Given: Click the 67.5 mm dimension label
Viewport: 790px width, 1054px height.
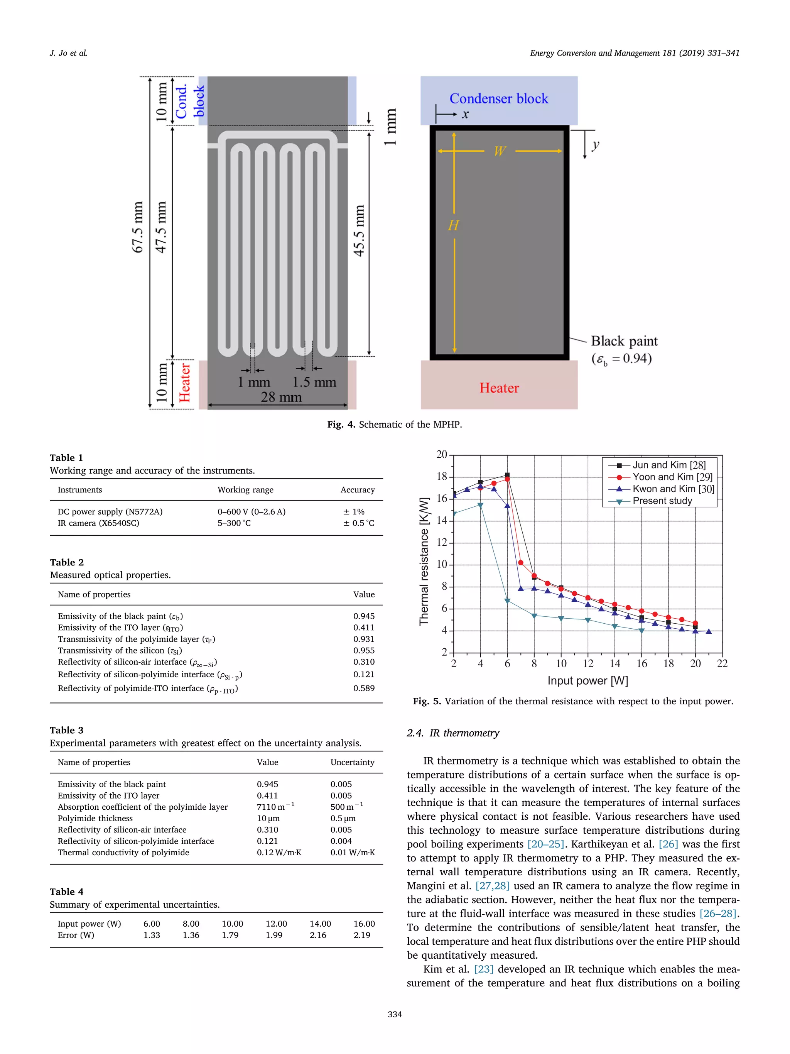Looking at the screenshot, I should click(x=138, y=227).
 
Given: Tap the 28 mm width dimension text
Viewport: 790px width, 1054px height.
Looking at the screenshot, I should click(x=281, y=397).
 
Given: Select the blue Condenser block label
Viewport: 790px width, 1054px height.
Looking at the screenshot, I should click(x=498, y=99).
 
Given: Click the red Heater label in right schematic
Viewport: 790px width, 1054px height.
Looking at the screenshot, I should click(x=498, y=388).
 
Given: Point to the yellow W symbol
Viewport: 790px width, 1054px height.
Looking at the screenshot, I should click(x=500, y=152).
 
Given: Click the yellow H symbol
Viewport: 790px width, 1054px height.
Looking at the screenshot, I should click(x=453, y=225).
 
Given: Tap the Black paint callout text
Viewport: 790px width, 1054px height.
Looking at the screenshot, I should click(x=624, y=341).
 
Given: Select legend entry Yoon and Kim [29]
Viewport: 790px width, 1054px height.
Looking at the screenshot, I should click(x=672, y=477).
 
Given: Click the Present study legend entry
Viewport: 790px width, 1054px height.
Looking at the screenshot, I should click(x=662, y=501).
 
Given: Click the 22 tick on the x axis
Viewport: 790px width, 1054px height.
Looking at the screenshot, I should click(x=722, y=664).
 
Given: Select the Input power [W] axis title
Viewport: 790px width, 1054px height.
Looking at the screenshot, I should click(x=587, y=681).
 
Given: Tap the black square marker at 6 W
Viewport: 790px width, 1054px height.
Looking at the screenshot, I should click(x=507, y=475).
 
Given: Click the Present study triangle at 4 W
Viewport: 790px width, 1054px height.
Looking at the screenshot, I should click(x=481, y=505).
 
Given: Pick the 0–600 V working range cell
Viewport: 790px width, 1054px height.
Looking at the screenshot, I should click(x=252, y=512).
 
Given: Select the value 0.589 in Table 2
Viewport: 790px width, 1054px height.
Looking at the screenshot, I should click(x=364, y=688).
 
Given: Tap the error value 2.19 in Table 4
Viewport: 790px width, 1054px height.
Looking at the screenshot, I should click(x=362, y=935).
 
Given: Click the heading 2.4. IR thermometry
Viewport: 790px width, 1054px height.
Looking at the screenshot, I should click(x=453, y=733).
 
